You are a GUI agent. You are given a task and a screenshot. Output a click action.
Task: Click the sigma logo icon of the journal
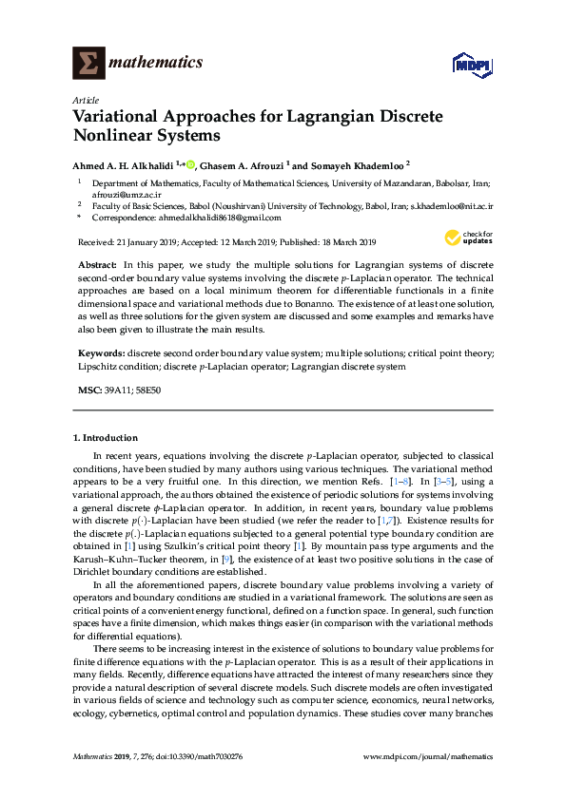click(x=89, y=63)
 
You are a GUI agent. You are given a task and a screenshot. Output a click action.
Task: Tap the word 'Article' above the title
click(x=85, y=100)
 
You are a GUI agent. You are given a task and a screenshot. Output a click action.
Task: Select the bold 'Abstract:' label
click(x=96, y=261)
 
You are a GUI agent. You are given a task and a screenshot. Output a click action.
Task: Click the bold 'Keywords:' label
click(x=100, y=352)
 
